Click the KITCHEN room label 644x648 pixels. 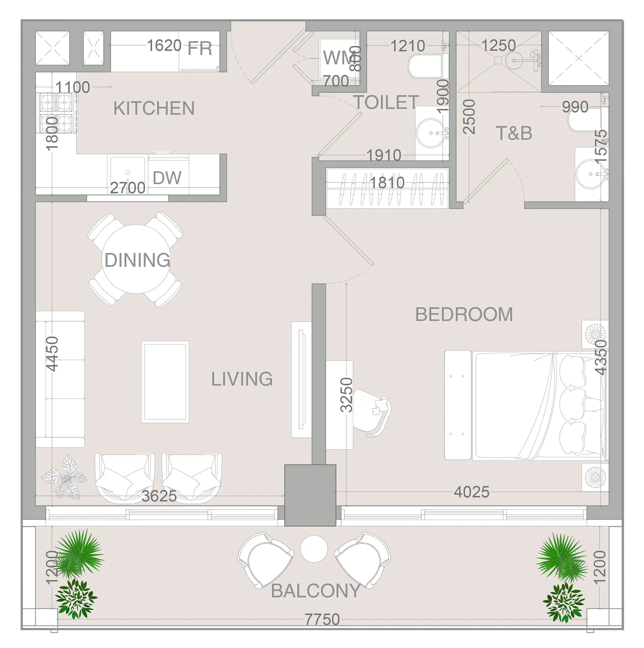[x=154, y=108]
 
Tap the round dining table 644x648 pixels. [x=137, y=259]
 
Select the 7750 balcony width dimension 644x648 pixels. [x=322, y=619]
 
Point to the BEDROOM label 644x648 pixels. [x=464, y=315]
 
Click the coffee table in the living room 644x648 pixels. [x=165, y=382]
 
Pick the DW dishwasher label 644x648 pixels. [x=167, y=178]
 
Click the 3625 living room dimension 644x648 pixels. [x=159, y=496]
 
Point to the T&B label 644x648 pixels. [x=514, y=133]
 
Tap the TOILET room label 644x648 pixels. [x=386, y=102]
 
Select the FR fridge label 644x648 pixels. [x=200, y=48]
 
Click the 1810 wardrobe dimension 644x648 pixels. [x=387, y=183]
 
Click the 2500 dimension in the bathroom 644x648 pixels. [x=469, y=116]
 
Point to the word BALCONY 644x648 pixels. [x=316, y=591]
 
